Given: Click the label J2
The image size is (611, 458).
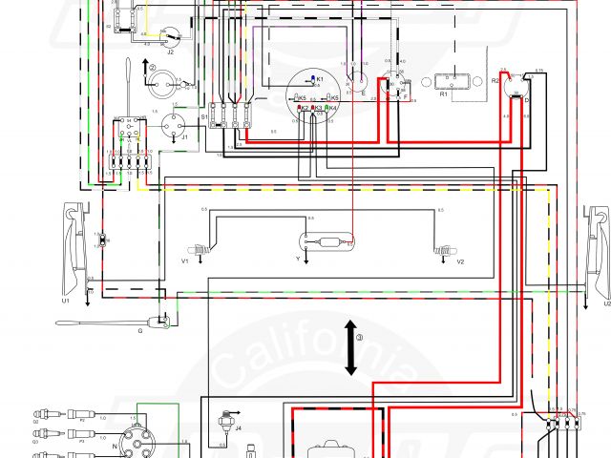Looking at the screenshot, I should pos(171,53).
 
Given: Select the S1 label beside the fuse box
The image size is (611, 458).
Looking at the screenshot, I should pos(203,115).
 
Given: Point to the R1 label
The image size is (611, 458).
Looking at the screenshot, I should pos(444,95).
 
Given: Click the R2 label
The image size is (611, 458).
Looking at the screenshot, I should pos(495,82).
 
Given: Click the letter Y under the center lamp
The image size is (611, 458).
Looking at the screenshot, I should pos(297,258).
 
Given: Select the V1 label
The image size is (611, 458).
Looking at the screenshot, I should pos(185,260).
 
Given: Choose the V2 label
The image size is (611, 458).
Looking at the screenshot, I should pos(460,260).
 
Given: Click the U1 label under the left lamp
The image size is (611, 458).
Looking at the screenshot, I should pos(66,301).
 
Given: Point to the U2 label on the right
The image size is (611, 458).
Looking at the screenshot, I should pos(606,303).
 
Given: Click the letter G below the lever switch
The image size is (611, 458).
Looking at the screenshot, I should pos(139,330).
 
